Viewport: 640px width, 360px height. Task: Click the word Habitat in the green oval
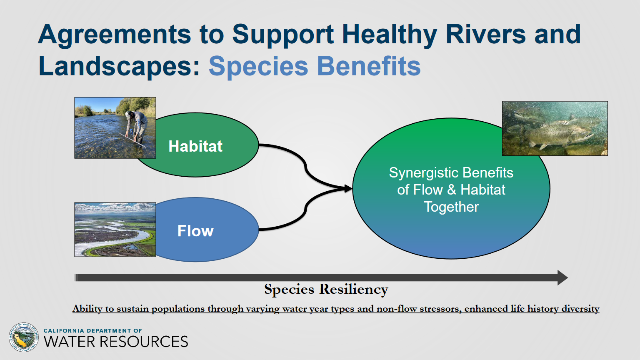point(195,146)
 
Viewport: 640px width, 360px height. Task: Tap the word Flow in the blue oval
point(195,231)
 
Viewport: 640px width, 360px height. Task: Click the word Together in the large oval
point(451,207)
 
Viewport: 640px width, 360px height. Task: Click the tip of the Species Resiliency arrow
point(568,278)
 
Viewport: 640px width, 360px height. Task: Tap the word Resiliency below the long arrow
point(354,290)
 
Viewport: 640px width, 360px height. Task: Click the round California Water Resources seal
point(23,337)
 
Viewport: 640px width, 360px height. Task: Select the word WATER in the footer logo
point(70,341)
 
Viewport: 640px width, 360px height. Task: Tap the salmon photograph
point(555,128)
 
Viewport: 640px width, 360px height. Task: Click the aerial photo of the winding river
point(115,230)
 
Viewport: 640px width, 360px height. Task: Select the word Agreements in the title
point(114,35)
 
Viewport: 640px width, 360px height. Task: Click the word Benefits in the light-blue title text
point(369,66)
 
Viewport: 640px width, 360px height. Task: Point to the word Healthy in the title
point(390,35)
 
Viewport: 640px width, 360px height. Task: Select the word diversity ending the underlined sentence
point(580,309)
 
